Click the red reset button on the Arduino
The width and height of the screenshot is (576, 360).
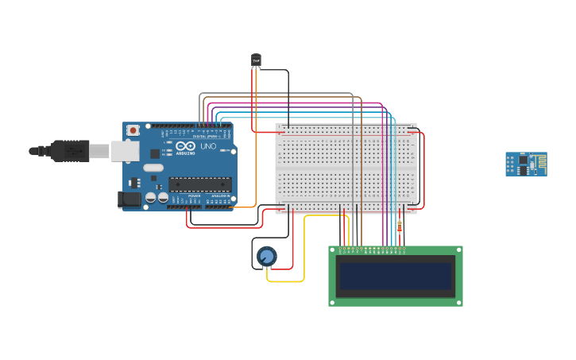(133, 130)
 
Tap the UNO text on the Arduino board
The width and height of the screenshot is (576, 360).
(207, 147)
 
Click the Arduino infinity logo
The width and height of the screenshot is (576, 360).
(184, 147)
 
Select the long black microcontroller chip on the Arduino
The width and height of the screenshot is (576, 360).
(199, 184)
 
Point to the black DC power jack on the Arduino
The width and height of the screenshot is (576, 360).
(129, 199)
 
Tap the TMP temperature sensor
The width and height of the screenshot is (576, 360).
(256, 60)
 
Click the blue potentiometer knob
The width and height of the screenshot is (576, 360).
(267, 256)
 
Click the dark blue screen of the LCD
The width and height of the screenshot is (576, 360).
(395, 276)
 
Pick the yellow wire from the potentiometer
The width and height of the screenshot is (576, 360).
(286, 281)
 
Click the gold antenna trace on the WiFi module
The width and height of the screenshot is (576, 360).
(539, 165)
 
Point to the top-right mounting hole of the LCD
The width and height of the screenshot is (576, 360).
(458, 250)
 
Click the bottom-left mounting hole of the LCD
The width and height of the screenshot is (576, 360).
(333, 302)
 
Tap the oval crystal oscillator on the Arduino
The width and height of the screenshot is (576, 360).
(153, 168)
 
